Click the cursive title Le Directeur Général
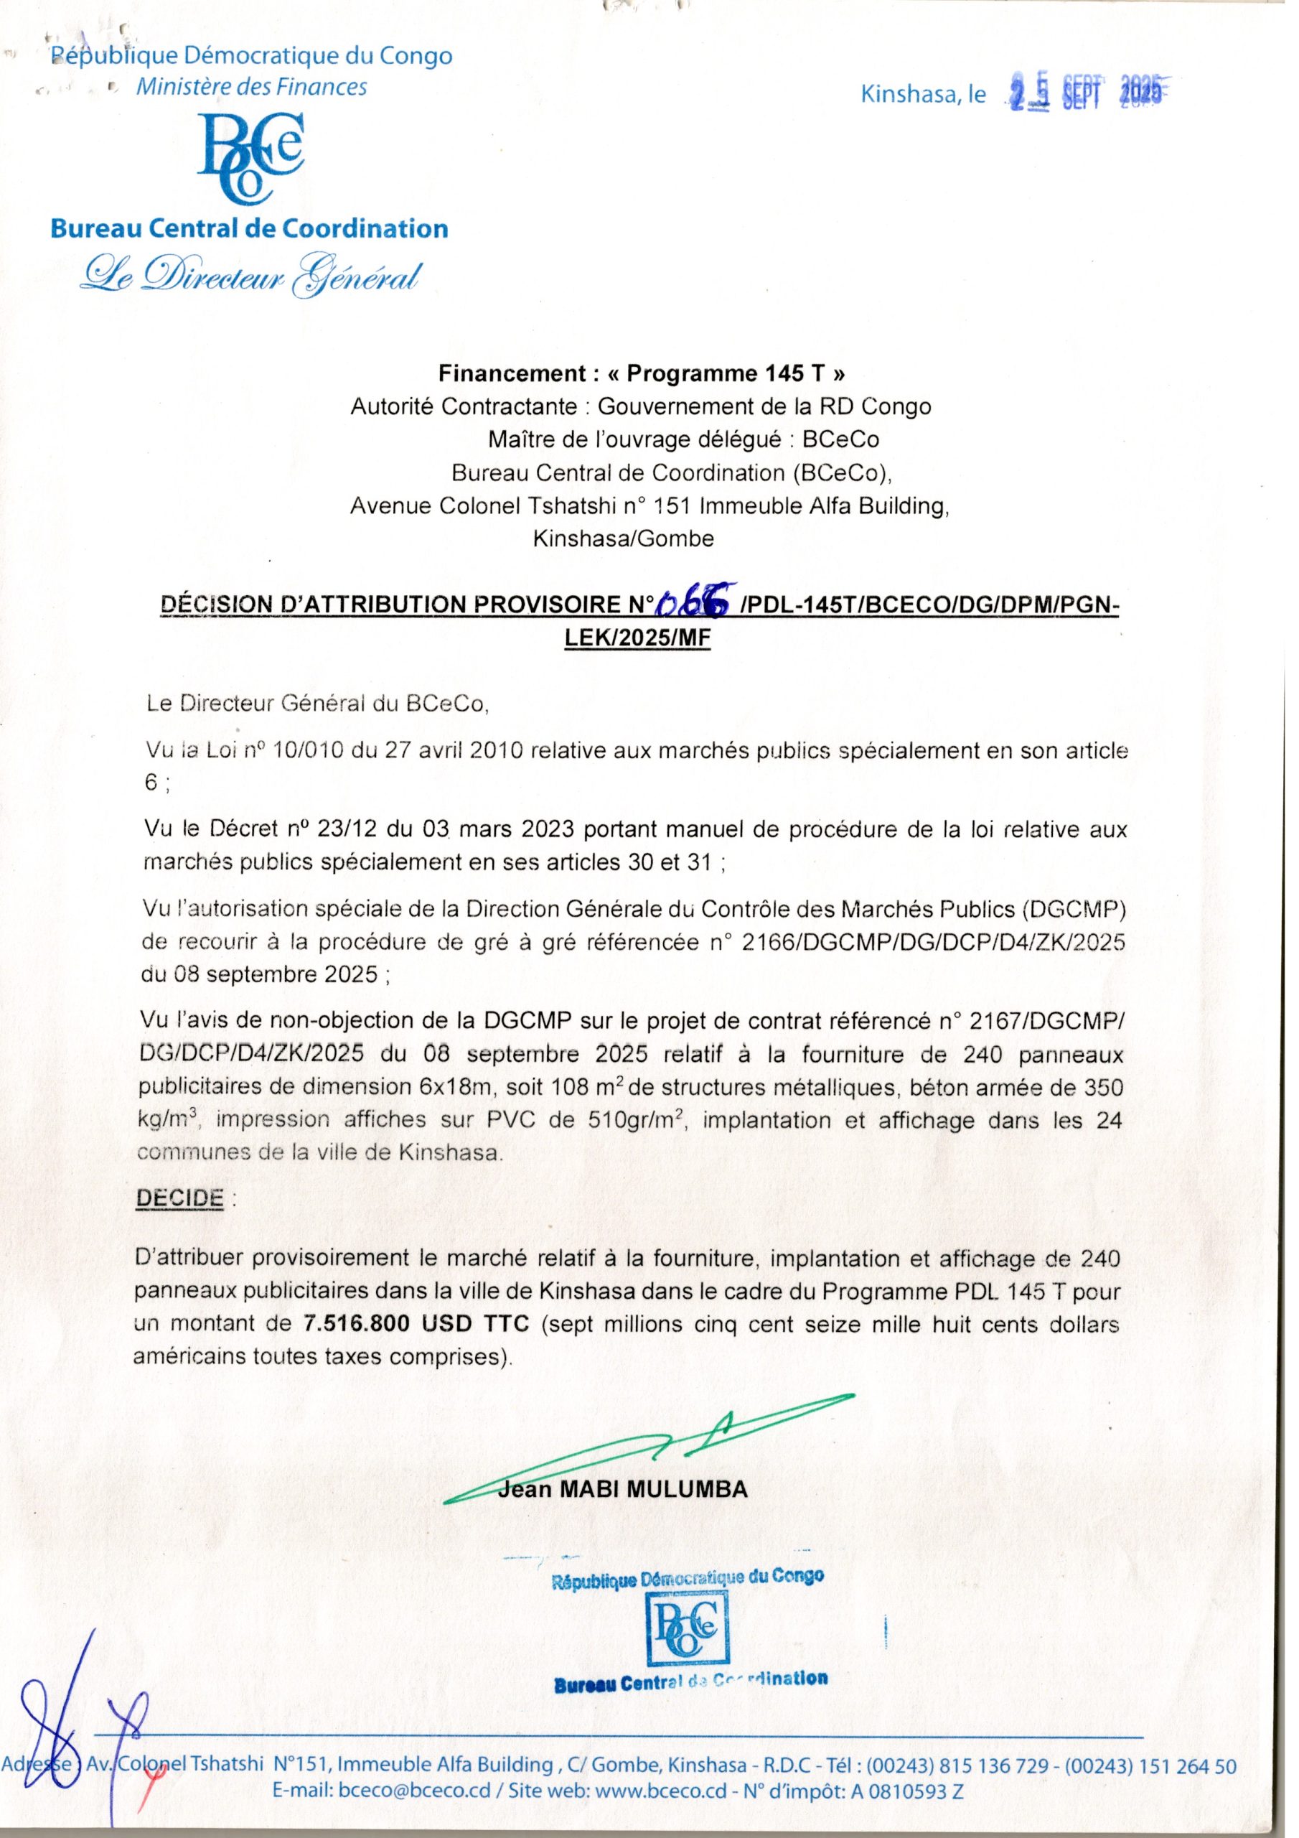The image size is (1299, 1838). pos(250,278)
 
